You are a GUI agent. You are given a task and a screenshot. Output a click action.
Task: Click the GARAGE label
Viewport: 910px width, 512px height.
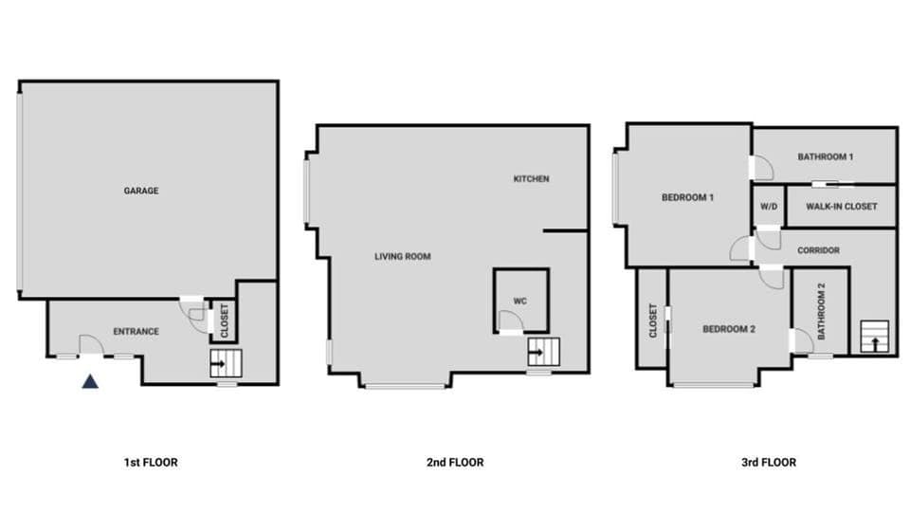141,191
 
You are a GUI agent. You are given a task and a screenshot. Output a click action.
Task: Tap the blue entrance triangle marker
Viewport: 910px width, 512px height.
89,382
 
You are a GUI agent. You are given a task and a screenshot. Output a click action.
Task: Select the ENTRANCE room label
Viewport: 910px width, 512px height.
136,331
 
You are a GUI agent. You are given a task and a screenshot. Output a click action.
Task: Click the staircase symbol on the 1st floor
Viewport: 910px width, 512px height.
227,362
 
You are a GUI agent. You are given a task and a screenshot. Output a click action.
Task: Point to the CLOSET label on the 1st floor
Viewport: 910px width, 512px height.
224,321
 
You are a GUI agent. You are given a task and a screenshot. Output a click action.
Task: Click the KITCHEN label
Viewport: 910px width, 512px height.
531,179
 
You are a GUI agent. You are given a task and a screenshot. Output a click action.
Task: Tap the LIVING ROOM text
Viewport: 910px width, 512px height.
403,256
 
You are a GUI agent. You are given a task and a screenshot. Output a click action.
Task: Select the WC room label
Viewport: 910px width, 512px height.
519,302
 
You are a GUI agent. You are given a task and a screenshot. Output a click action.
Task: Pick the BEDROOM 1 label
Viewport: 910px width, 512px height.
687,197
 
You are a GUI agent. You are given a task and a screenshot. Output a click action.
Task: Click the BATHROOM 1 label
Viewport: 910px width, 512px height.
826,156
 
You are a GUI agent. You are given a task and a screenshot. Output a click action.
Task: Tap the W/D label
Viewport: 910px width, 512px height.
768,206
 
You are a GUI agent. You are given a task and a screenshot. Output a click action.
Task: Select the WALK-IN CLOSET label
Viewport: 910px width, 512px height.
842,206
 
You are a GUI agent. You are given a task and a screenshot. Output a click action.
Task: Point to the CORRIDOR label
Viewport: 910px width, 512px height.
818,250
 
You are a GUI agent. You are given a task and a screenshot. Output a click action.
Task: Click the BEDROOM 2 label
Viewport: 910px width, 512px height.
729,329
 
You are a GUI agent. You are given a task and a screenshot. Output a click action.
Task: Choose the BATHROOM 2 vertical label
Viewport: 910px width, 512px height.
822,312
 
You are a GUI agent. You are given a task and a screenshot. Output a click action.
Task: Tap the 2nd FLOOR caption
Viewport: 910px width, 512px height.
455,463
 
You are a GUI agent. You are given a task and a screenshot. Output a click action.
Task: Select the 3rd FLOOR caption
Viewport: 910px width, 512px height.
769,463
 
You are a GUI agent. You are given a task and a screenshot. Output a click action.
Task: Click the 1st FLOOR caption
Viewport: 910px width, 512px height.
151,463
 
